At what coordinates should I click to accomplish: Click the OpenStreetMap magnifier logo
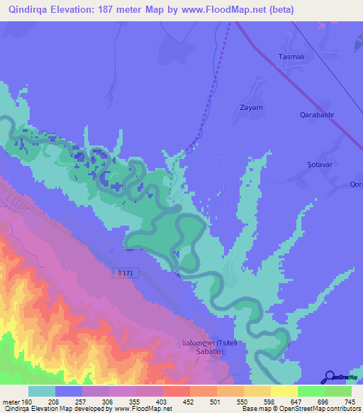tap(330, 377)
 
